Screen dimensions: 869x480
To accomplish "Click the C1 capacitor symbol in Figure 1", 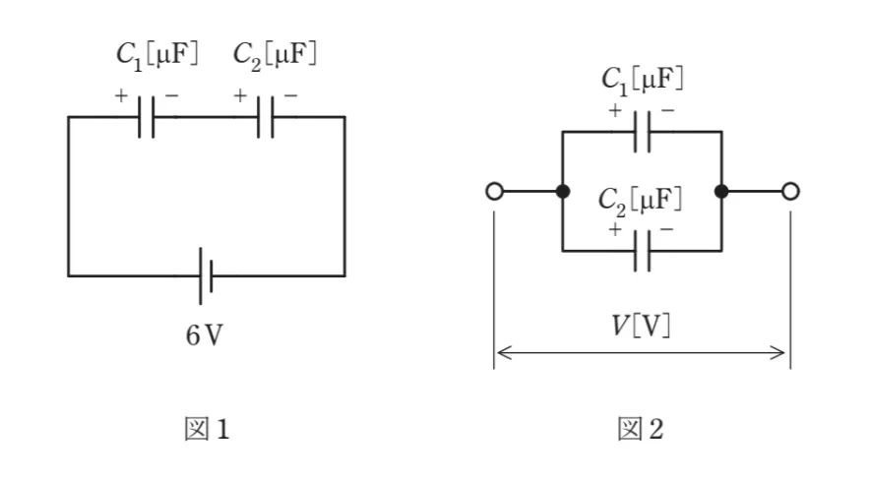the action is coord(146,117).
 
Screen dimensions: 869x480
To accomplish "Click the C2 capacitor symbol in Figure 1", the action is coord(266,117).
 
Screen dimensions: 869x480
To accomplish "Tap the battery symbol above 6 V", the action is coord(206,275).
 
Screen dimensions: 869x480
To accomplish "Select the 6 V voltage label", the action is coord(205,335).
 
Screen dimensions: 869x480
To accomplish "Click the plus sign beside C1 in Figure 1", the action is coord(121,95).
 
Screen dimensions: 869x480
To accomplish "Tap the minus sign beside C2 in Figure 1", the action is coord(291,95).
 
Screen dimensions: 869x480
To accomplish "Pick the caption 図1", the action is coord(207,429).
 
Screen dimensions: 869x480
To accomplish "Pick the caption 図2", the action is coord(641,429).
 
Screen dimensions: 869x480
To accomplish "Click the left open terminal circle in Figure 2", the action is coord(494,192).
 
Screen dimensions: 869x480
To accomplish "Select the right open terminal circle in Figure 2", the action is coord(791,192).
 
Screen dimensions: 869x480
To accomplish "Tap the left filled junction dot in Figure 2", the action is coord(563,192).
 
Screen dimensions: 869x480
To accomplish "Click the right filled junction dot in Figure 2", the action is coord(721,192).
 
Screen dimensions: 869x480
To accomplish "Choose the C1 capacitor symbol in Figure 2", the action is coord(643,132).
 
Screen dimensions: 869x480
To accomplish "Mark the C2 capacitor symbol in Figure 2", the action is coord(643,252).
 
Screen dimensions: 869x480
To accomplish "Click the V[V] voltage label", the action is coord(641,327).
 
